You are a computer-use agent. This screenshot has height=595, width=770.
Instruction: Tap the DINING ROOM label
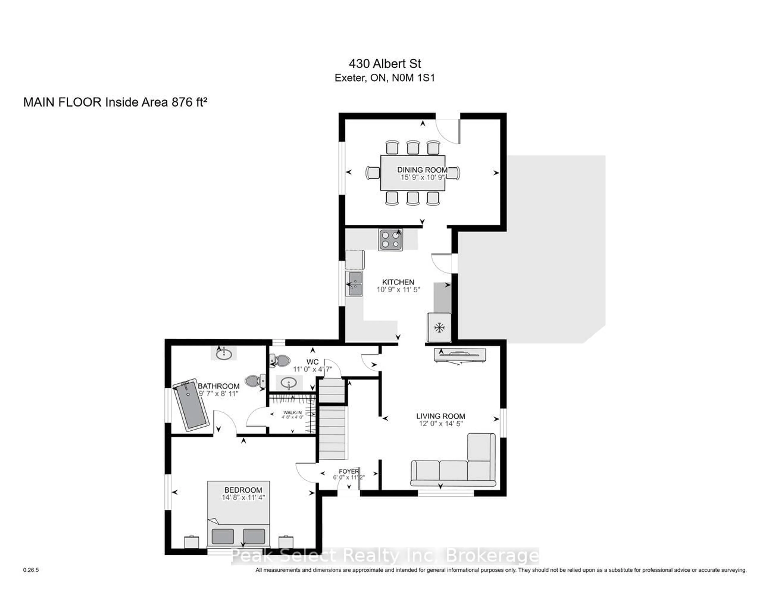(x=422, y=170)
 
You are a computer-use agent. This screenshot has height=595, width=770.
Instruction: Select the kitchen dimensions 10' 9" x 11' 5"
(x=398, y=290)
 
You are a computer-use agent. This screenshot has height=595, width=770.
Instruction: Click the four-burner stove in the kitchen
(x=390, y=240)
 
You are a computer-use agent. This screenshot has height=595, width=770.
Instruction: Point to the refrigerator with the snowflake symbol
(x=439, y=327)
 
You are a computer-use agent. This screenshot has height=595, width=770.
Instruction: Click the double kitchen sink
(x=354, y=283)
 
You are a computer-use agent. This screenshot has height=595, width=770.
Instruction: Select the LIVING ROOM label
(x=440, y=416)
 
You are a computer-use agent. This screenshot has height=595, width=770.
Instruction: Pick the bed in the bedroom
(x=238, y=515)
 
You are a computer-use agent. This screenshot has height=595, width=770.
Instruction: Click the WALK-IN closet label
(x=292, y=412)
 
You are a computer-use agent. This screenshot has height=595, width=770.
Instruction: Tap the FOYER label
(x=349, y=471)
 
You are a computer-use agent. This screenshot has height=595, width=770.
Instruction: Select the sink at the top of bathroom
(x=224, y=354)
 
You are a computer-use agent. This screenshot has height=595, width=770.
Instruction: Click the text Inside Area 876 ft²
(x=156, y=102)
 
